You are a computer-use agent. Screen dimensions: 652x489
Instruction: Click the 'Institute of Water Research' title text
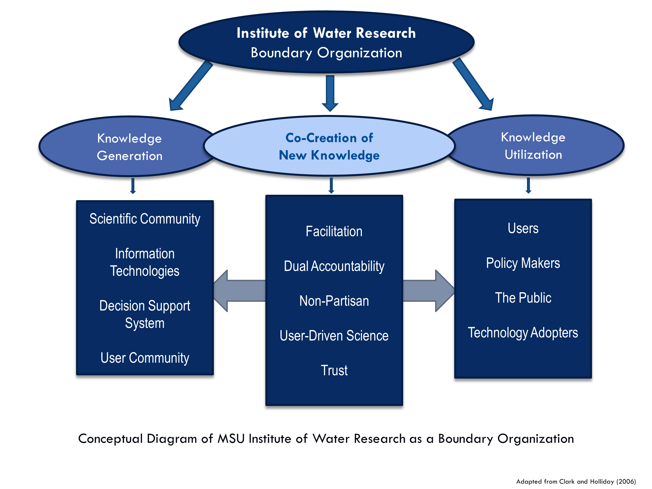[326, 33]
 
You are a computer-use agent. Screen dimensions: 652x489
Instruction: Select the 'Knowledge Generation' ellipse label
[130, 147]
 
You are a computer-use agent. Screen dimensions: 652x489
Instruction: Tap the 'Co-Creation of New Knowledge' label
[329, 146]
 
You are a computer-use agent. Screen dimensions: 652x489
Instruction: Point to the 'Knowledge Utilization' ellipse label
[533, 146]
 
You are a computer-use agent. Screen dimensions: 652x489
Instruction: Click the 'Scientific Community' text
[145, 219]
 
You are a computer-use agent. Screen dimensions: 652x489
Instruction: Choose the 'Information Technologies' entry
[145, 262]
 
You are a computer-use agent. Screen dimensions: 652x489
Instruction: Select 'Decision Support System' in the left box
[145, 314]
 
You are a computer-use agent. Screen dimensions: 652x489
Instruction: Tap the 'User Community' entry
[145, 358]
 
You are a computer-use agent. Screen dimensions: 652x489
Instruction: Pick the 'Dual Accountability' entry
[334, 266]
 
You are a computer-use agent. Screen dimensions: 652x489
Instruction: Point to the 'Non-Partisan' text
[334, 301]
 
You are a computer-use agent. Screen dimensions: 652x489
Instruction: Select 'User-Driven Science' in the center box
[334, 336]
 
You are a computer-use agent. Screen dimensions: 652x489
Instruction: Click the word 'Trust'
[334, 371]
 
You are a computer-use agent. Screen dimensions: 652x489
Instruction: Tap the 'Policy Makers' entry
[523, 263]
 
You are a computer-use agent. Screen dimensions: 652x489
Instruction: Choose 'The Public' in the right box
[523, 298]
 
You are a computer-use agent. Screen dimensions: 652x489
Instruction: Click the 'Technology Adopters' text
[523, 333]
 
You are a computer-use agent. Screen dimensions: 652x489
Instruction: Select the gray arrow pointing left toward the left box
[239, 291]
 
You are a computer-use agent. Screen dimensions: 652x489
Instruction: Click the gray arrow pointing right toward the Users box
[429, 291]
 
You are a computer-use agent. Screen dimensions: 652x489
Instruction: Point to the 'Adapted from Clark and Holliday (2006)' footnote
[576, 482]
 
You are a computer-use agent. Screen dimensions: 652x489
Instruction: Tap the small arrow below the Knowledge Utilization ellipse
[528, 185]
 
